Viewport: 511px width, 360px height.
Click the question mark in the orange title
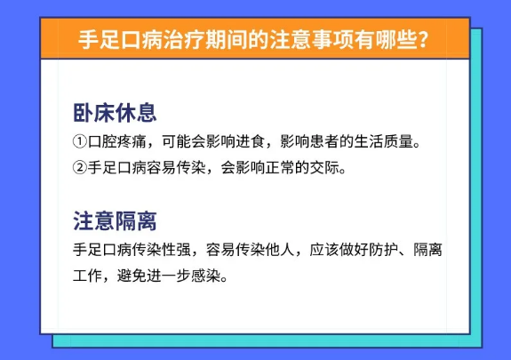[x=423, y=39]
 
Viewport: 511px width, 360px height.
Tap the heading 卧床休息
[x=115, y=113]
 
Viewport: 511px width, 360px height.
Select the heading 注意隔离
[x=115, y=221]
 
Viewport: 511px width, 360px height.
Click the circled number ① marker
[x=79, y=141]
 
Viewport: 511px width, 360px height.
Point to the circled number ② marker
[x=79, y=168]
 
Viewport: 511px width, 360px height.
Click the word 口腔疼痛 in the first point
[x=117, y=141]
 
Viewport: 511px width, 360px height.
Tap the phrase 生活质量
[x=384, y=141]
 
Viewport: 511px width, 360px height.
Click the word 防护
[x=384, y=250]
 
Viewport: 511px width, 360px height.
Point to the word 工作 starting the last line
[x=87, y=276]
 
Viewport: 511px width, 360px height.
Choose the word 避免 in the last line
[x=132, y=276]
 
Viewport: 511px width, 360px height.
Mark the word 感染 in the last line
[x=205, y=276]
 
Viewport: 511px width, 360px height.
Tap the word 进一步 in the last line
[x=169, y=276]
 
